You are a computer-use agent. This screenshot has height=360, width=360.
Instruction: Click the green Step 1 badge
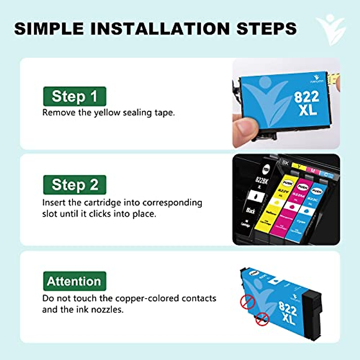74,96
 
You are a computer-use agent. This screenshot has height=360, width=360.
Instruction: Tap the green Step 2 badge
74,185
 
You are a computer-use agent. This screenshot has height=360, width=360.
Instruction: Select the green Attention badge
74,281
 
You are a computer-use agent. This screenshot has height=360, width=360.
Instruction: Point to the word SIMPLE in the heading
49,29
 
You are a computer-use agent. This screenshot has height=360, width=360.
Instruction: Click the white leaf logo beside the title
331,29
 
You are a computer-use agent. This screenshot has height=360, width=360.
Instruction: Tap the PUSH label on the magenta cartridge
302,187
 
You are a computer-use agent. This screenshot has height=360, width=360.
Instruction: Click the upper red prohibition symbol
247,301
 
